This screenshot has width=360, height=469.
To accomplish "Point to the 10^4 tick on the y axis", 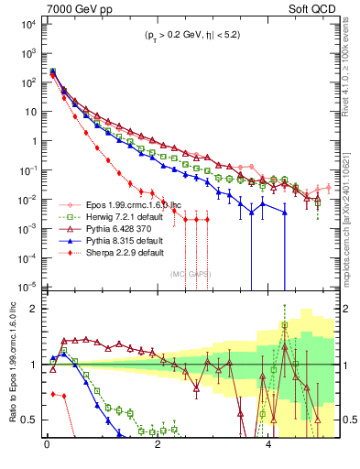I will click(x=27, y=24).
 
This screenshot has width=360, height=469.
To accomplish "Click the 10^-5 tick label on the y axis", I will click(x=27, y=286).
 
